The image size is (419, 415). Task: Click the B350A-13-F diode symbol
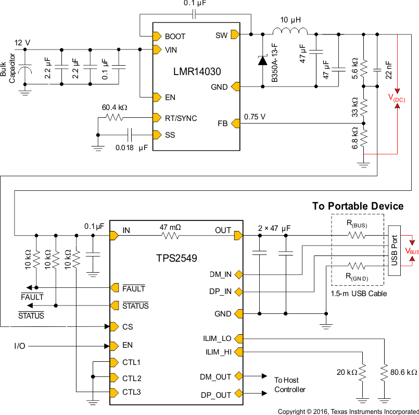click(261, 60)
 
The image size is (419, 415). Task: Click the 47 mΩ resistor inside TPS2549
click(171, 236)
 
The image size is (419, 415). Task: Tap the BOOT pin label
click(175, 36)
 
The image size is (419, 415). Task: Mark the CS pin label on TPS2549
click(128, 326)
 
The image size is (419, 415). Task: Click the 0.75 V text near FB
click(255, 117)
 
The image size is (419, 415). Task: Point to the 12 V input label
click(22, 42)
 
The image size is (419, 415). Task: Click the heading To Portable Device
click(358, 206)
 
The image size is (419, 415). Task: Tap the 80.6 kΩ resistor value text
click(404, 372)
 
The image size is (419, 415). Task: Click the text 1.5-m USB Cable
click(358, 294)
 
